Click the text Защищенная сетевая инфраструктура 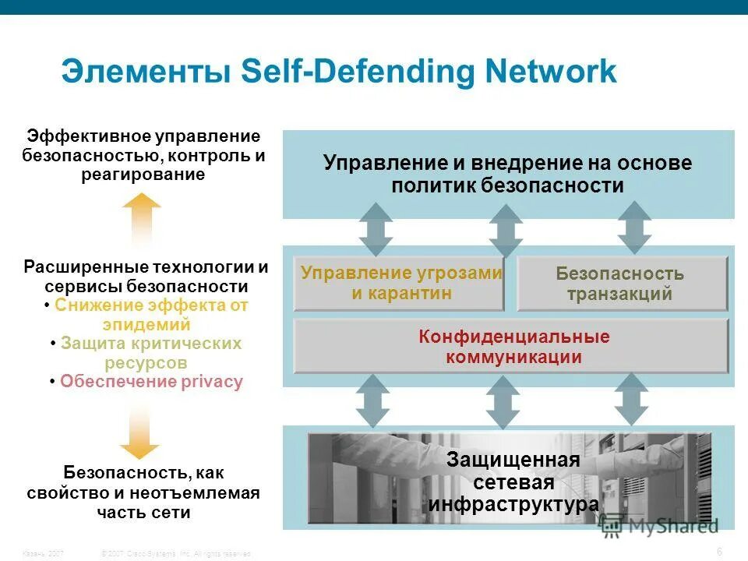[513, 482]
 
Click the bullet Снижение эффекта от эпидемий [146, 315]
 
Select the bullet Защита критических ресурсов [146, 353]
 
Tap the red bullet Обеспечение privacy [150, 382]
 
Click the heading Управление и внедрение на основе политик [507, 175]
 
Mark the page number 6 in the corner [719, 552]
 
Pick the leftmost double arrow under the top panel [376, 228]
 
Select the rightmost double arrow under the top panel [634, 228]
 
